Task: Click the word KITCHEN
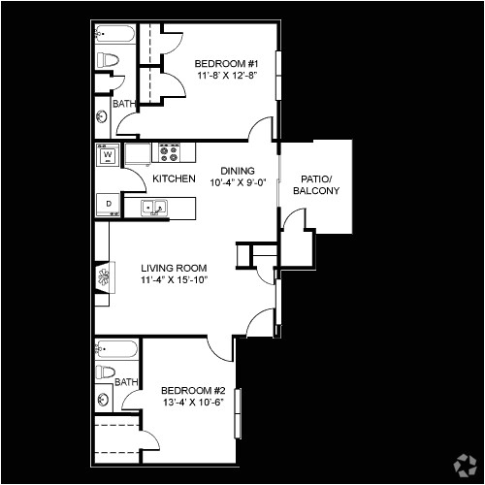(175, 179)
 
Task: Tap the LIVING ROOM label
(175, 268)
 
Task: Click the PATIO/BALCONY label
(315, 184)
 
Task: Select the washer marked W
(108, 153)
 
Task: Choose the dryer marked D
(108, 204)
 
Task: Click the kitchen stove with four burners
(170, 151)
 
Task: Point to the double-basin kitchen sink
(155, 207)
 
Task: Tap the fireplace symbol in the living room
(103, 281)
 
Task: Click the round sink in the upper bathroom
(103, 117)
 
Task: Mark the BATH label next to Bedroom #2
(126, 382)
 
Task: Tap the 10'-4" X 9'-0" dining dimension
(236, 180)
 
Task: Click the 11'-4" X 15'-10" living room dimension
(175, 281)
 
